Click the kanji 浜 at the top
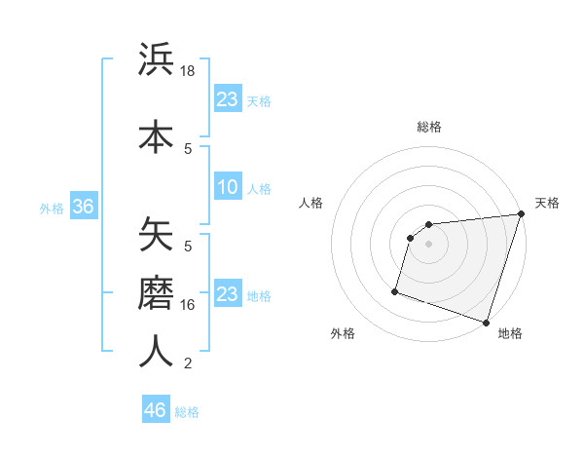156,60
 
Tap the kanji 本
156,136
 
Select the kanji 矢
156,234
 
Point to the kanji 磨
156,292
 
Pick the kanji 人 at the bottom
156,351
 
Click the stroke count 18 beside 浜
189,72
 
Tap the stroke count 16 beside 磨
189,305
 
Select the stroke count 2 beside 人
188,364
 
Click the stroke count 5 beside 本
188,148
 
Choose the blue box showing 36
83,207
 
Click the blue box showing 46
156,410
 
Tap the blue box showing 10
228,187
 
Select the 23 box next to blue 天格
228,99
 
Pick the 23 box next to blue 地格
228,294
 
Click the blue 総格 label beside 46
188,412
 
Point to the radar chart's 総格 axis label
429,127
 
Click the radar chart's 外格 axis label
343,333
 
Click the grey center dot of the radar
429,244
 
